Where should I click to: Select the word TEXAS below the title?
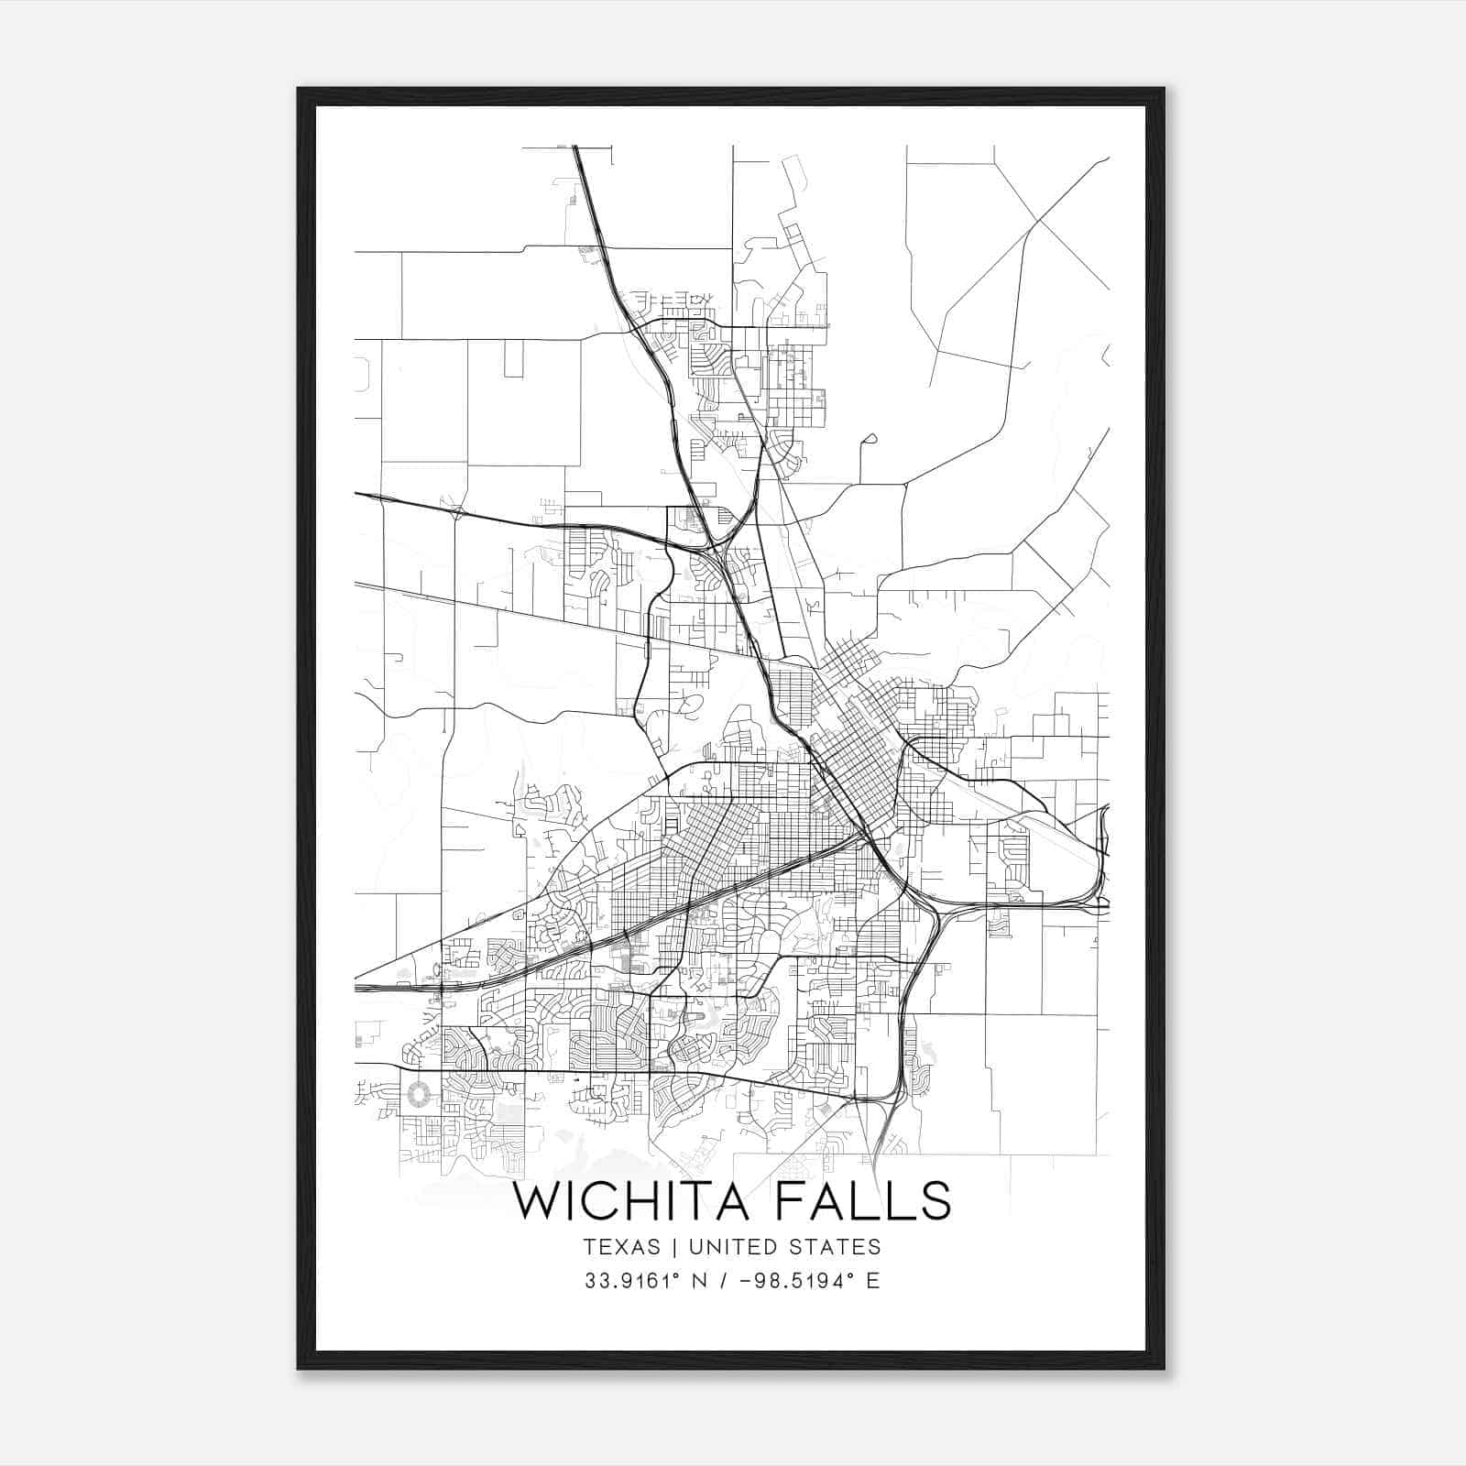pyautogui.click(x=621, y=1246)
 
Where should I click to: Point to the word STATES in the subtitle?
pyautogui.click(x=836, y=1246)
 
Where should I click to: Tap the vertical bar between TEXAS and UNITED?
pyautogui.click(x=673, y=1246)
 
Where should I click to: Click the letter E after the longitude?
pyautogui.click(x=872, y=1281)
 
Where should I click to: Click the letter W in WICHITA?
pyautogui.click(x=538, y=1201)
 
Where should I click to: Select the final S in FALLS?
pyautogui.click(x=935, y=1201)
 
